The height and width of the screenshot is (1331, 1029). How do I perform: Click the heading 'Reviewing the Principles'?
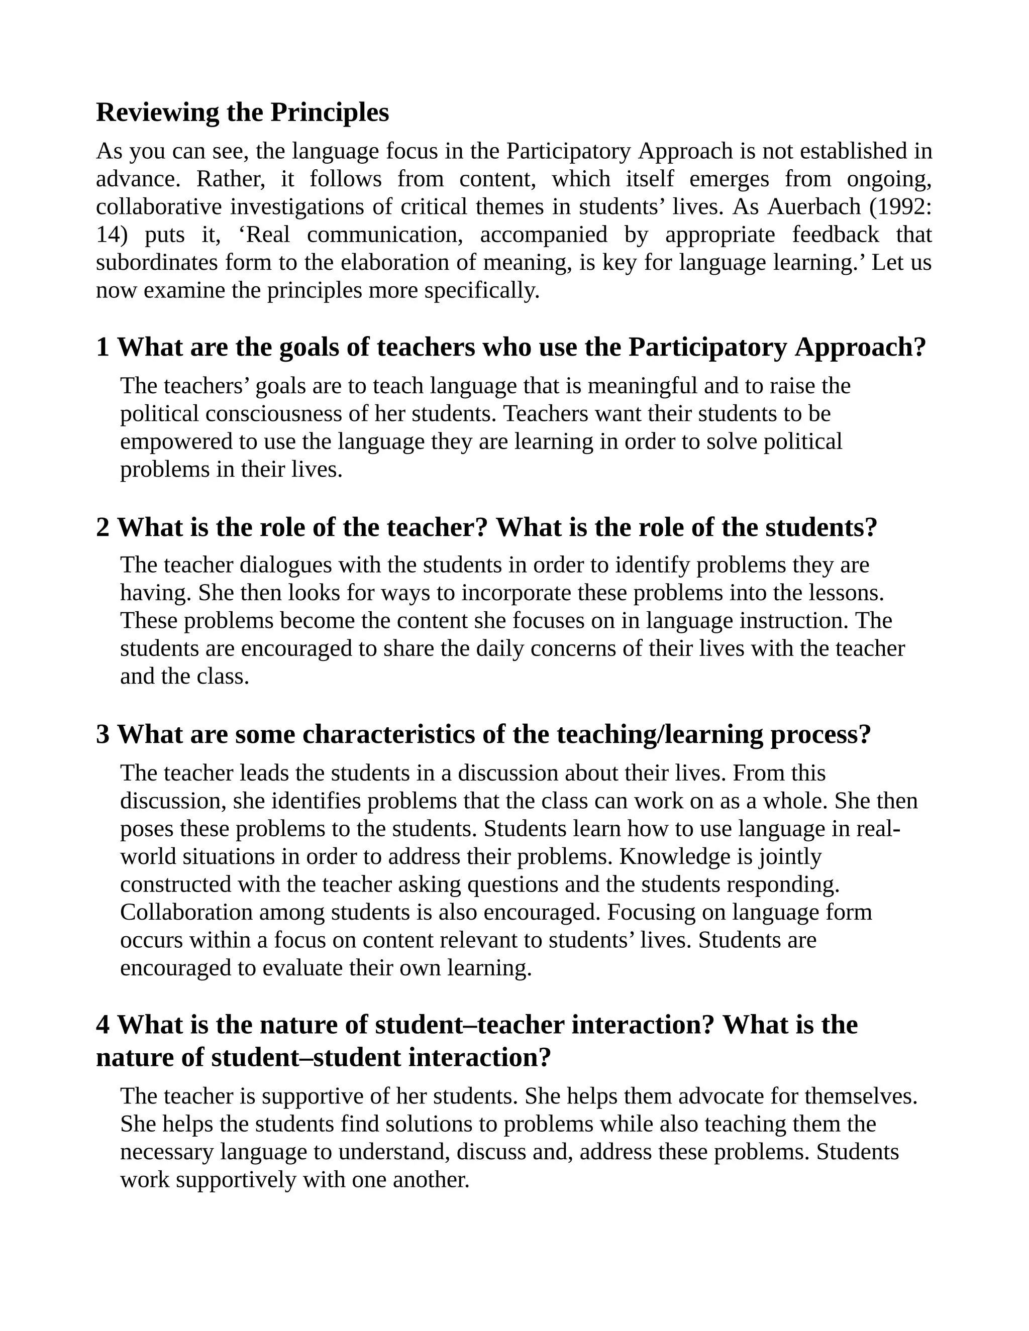click(x=242, y=113)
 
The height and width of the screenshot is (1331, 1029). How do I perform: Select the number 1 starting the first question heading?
click(x=102, y=348)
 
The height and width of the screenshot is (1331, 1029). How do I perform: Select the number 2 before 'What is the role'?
click(x=102, y=527)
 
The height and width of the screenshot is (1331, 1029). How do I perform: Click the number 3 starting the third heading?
click(x=102, y=734)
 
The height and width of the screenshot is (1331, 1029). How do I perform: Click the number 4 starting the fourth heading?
click(x=102, y=1025)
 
